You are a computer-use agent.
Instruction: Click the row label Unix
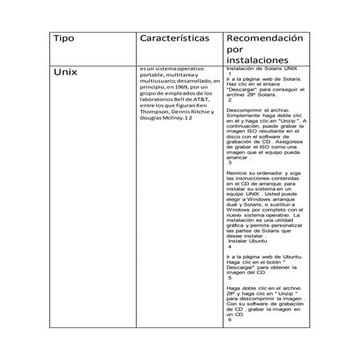(67, 73)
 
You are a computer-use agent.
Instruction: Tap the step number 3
(230, 162)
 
